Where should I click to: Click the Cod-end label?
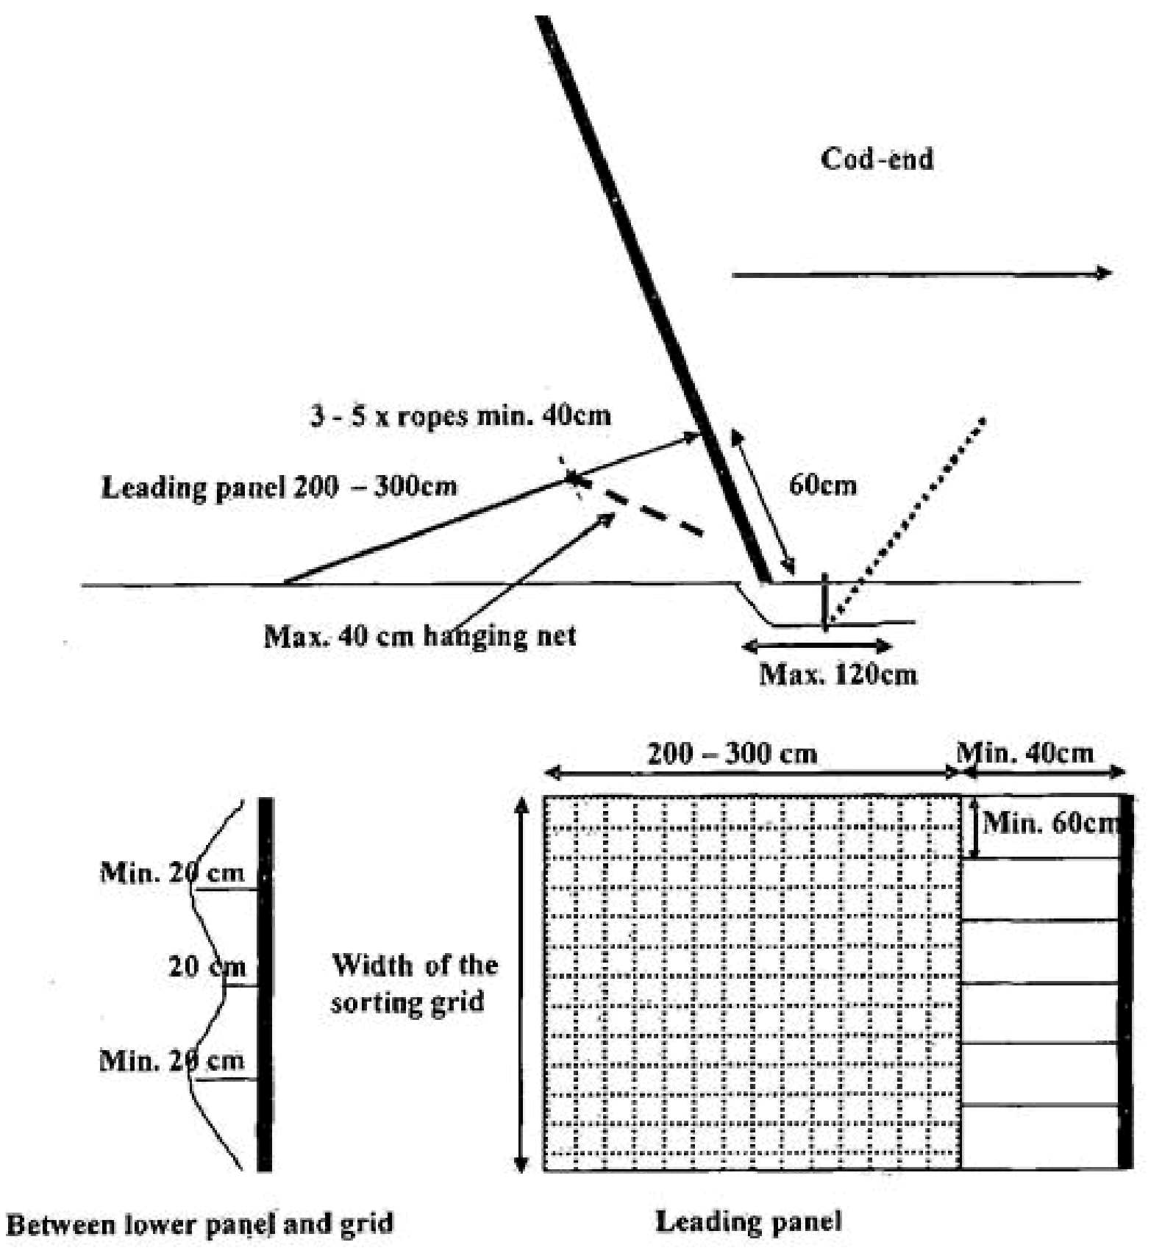tap(877, 159)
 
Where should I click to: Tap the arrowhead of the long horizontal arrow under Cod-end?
tap(1105, 274)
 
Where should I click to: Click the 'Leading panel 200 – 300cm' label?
tap(279, 487)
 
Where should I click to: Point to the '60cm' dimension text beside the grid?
tap(823, 485)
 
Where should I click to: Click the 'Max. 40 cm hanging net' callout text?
tap(420, 635)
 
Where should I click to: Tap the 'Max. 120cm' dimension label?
tap(838, 674)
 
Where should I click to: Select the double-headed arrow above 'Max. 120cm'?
tap(817, 647)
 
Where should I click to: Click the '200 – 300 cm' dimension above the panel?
tap(732, 754)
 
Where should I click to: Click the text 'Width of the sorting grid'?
tap(414, 983)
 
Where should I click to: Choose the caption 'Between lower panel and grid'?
tap(200, 1224)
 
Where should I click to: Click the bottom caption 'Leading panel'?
tap(748, 1222)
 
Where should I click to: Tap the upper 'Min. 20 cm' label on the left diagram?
tap(172, 873)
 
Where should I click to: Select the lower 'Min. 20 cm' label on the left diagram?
tap(172, 1060)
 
